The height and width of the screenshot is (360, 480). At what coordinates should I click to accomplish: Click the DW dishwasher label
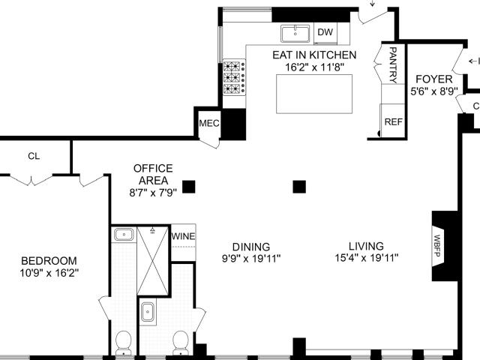325,32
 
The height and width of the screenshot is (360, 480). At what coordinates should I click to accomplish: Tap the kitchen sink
295,34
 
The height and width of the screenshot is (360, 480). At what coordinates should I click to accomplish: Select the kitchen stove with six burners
234,77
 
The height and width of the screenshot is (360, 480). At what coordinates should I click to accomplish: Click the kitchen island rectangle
314,94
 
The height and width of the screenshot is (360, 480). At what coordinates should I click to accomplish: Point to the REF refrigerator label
393,121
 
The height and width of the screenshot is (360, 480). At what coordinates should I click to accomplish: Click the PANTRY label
393,65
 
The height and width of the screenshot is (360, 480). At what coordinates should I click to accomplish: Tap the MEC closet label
209,123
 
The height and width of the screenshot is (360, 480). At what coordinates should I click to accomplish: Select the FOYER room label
434,79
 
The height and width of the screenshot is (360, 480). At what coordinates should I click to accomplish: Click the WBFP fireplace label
436,246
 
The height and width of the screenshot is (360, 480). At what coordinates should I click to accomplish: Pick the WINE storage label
183,236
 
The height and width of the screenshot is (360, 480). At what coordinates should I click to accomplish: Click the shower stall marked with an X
153,261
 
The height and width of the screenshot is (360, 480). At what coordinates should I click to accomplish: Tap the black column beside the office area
188,187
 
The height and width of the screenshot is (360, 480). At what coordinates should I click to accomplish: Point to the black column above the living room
299,187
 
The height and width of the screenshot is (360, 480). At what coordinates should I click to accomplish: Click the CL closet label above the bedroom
34,157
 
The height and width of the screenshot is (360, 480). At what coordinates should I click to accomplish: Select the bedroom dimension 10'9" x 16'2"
49,273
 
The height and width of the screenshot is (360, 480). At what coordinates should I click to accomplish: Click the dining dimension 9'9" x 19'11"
251,259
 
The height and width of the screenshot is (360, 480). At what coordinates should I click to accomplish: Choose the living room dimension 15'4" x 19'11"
367,258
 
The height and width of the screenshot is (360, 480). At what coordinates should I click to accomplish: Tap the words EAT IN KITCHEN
314,55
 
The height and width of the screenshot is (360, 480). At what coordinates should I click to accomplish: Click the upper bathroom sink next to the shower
124,235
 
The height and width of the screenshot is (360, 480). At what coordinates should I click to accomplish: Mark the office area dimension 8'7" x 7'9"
153,193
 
